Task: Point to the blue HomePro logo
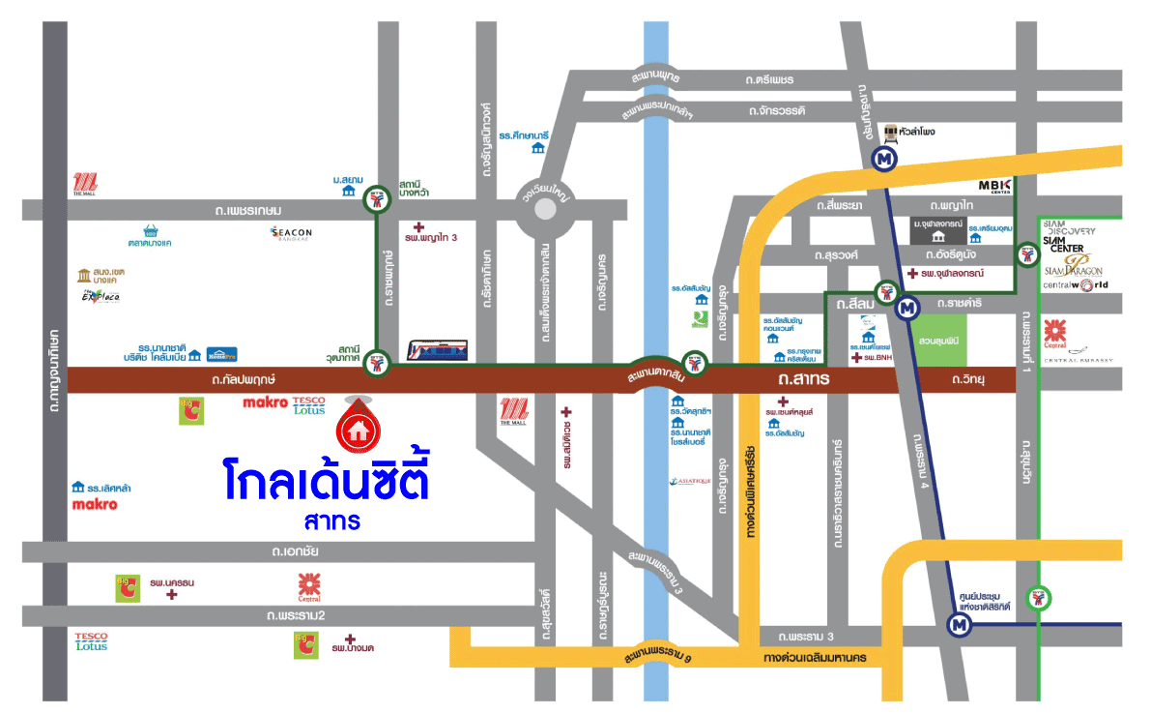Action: [x=221, y=354]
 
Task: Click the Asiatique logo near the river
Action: [x=690, y=481]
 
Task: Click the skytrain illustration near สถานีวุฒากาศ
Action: [x=438, y=349]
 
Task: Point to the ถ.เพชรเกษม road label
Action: [x=249, y=210]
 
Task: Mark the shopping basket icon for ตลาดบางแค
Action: [x=150, y=231]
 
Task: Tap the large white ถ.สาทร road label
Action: [x=804, y=380]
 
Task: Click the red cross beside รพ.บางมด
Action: [x=350, y=640]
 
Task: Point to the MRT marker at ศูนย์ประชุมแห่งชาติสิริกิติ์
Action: [x=959, y=626]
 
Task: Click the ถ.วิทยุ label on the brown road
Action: [x=969, y=380]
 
